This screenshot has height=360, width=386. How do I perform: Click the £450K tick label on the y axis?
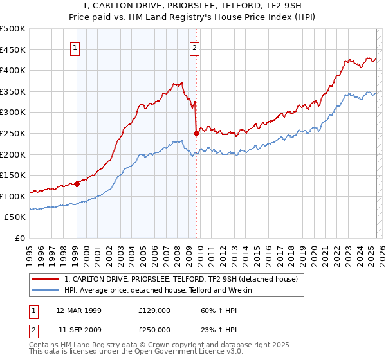(x=14, y=50)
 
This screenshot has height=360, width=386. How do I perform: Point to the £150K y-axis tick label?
(x=14, y=175)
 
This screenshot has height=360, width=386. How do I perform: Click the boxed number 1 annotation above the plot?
(x=76, y=47)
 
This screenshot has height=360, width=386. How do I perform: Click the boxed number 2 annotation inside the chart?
(x=194, y=47)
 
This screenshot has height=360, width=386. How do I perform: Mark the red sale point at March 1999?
(x=77, y=184)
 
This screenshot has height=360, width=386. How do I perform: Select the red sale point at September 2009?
(x=196, y=134)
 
